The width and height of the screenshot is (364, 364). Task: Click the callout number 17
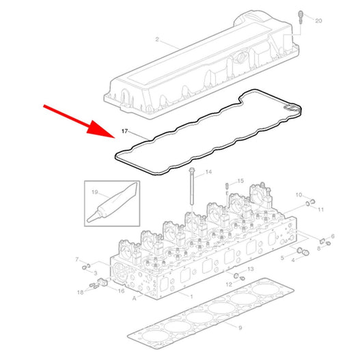tap(125, 131)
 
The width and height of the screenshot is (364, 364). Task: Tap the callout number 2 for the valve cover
tap(157, 40)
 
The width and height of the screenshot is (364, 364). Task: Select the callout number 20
tap(318, 20)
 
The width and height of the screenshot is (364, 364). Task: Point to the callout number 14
tap(208, 172)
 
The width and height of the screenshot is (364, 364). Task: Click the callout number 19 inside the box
tap(95, 192)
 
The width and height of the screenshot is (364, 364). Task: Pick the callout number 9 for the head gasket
tap(240, 328)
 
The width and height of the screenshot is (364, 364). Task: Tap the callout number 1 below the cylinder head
tap(191, 296)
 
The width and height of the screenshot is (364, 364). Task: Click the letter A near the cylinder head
tap(134, 298)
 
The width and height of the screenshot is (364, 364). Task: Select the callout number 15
tap(240, 181)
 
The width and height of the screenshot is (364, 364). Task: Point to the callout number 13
tap(251, 269)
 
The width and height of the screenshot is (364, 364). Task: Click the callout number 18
tap(81, 292)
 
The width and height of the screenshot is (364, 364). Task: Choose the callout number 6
tap(333, 236)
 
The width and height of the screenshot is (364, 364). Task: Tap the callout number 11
tap(320, 210)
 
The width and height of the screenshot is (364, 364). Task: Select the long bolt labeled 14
tap(192, 186)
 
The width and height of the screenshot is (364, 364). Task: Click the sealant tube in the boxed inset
tap(111, 203)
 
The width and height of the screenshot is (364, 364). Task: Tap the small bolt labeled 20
tap(300, 17)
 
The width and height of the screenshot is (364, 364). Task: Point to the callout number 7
tap(77, 260)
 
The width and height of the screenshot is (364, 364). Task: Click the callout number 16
tap(121, 291)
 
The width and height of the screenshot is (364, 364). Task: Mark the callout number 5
tap(282, 257)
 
